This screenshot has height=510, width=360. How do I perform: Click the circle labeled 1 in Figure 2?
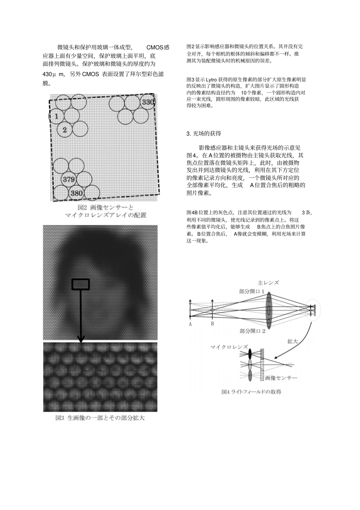point(56,116)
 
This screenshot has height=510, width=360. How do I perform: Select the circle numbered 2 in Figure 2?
point(65,130)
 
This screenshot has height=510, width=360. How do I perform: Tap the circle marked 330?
point(148,102)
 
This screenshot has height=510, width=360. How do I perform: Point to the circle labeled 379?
point(69,179)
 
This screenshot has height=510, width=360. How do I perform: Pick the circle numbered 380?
point(77,193)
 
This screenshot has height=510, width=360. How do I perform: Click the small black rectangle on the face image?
point(80,284)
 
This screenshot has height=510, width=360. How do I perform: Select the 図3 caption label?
point(61,418)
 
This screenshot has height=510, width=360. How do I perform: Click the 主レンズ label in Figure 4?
point(268,283)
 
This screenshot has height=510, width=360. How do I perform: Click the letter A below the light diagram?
point(190,324)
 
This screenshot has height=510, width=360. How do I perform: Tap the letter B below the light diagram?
point(212,324)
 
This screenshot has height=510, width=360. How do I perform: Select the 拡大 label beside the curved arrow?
point(293,341)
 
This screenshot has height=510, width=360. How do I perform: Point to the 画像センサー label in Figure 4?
point(281,378)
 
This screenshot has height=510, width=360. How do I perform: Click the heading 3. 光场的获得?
point(203,133)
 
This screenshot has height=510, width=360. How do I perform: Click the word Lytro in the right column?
point(211,80)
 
